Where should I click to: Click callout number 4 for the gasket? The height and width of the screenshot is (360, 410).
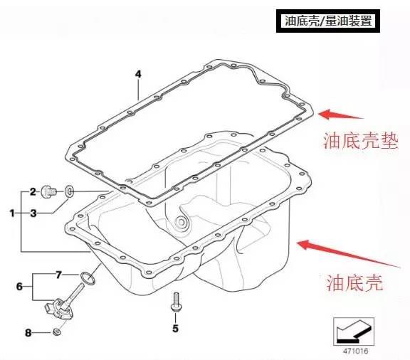click(138, 74)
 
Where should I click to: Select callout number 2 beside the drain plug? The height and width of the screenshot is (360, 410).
click(33, 192)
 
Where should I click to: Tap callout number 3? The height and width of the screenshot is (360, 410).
click(33, 213)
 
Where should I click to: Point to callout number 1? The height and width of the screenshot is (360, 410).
click(12, 213)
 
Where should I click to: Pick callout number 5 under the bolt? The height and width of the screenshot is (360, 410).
click(175, 329)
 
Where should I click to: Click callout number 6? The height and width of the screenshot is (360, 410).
click(19, 287)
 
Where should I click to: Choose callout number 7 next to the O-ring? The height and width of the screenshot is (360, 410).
click(58, 275)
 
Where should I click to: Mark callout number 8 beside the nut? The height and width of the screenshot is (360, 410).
click(28, 333)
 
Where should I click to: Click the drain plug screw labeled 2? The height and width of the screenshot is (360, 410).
click(48, 192)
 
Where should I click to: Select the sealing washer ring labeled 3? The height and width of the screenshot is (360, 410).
click(69, 191)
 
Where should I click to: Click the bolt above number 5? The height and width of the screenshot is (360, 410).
click(176, 302)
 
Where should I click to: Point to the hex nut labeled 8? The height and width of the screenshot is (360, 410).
click(56, 332)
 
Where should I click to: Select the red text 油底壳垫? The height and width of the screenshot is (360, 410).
click(360, 142)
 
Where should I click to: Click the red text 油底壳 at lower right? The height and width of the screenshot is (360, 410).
click(354, 282)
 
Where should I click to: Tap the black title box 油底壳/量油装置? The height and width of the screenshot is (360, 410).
click(328, 21)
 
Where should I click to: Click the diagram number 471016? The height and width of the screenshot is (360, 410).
click(355, 351)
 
